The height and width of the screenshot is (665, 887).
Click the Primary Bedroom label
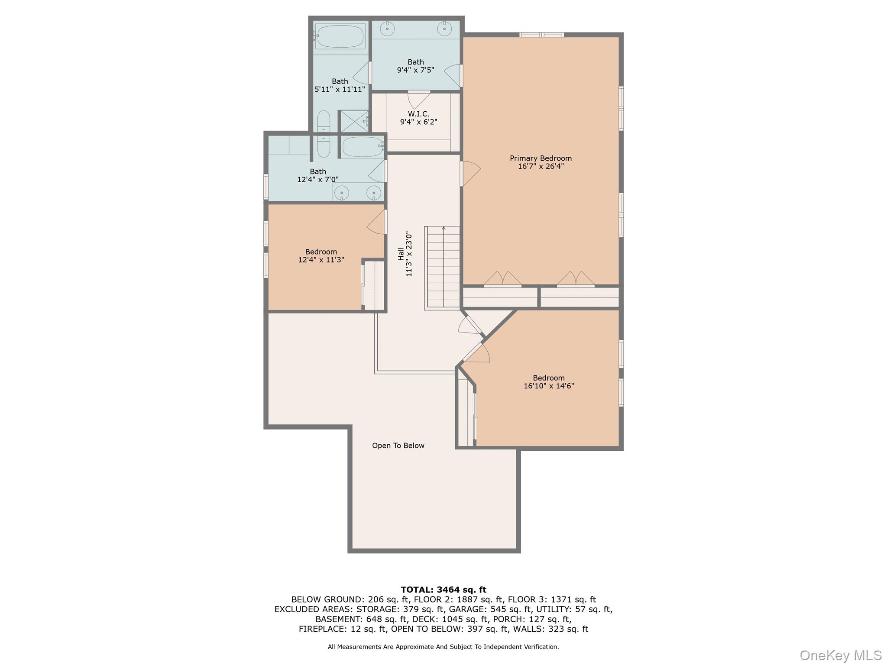540,158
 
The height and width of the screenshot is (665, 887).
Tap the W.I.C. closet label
418,114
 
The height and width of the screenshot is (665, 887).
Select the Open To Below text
398,445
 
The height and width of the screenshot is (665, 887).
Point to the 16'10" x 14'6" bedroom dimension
549,386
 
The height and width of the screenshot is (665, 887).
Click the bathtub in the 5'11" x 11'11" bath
340,36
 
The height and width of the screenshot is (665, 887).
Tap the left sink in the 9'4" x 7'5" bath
387,29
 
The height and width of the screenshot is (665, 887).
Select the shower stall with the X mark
354,121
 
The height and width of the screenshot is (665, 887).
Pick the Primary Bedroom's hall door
470,174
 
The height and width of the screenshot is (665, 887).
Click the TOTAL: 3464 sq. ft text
443,590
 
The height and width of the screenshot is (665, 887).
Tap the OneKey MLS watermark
840,655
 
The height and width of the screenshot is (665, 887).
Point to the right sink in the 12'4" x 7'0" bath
373,192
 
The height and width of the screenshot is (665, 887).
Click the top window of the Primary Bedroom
541,35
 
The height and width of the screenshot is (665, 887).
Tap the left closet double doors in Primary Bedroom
502,279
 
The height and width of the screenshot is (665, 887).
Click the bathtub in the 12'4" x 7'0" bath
363,147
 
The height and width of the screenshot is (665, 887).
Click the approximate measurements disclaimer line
443,647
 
